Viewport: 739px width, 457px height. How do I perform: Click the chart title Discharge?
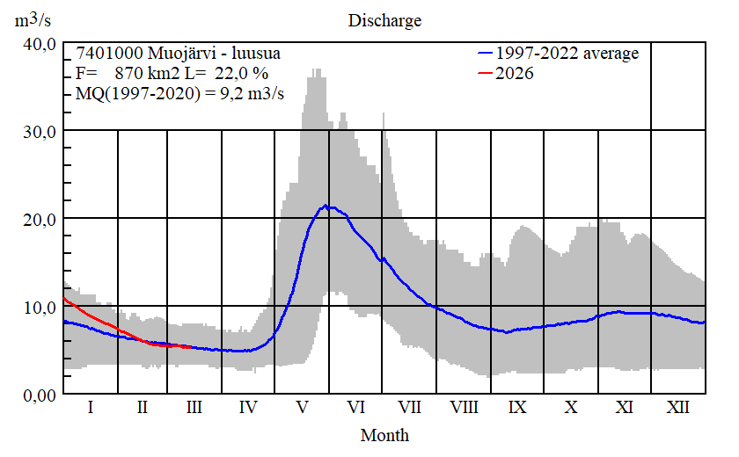[384, 20]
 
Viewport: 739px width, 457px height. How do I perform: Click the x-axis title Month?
[384, 434]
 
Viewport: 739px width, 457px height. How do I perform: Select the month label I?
[90, 408]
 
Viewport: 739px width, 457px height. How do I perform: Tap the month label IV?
[248, 408]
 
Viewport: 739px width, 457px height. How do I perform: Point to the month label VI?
[356, 408]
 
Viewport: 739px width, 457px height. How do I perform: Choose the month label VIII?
[464, 408]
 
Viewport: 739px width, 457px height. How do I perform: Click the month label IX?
[517, 408]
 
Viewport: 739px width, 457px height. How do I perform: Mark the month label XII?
[678, 408]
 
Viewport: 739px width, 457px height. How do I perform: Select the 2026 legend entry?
[515, 74]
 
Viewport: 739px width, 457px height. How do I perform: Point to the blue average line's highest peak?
[326, 206]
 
